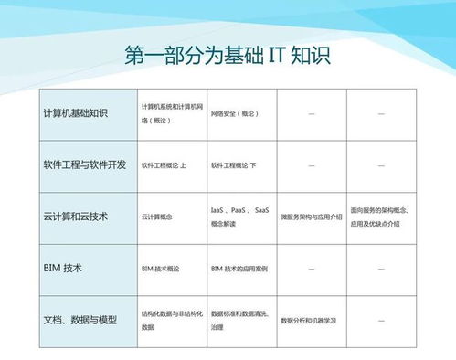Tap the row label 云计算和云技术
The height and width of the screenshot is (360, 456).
coord(76,217)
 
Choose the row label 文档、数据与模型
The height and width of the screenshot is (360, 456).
coord(80,320)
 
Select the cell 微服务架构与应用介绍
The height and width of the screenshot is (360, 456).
coord(312,217)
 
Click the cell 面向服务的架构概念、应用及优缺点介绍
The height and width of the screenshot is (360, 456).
coord(381,217)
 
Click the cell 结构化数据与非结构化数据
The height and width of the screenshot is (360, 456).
coord(172,320)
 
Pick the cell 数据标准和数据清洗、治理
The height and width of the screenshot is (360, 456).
coord(240,320)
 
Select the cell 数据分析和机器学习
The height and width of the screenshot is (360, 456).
coord(309,321)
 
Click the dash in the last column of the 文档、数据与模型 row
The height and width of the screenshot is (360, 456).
coord(381,321)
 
